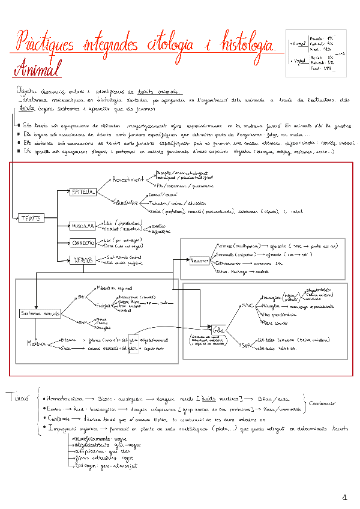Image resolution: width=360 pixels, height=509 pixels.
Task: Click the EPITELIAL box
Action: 82,191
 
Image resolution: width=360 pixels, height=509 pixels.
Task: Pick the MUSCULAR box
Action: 82,226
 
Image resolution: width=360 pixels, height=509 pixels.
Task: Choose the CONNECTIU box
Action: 83,243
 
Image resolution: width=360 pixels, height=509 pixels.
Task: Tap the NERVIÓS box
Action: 82,260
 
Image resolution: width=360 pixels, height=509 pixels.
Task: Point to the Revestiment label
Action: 127,179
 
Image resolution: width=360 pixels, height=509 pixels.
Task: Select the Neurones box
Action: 199,262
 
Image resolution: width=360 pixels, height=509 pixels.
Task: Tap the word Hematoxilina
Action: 62,399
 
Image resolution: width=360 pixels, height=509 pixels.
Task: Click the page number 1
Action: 344,497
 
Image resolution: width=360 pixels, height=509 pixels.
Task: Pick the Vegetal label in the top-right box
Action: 296,61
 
